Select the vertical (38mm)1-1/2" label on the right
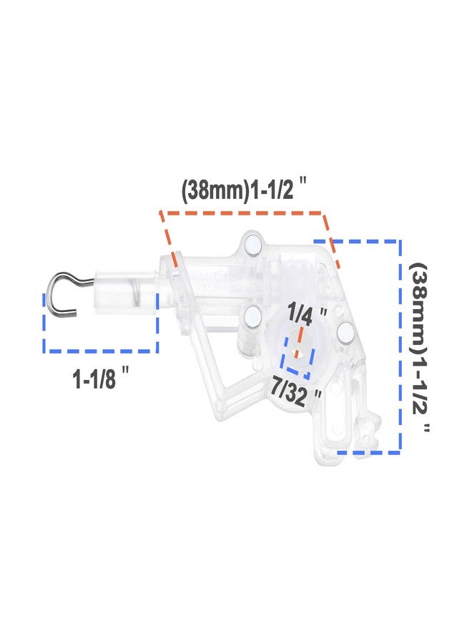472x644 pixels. point(420,348)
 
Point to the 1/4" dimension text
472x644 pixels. point(306,313)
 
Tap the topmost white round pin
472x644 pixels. point(252,245)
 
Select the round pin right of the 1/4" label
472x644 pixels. point(345,332)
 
